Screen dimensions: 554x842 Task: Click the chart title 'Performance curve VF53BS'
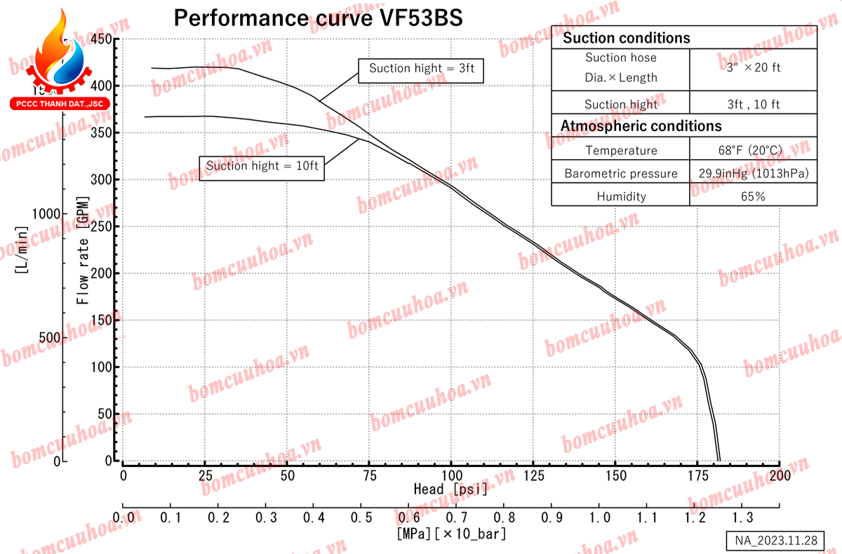coord(318,18)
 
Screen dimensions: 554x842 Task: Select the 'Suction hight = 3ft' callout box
coord(421,68)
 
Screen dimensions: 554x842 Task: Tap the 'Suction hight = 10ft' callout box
coord(262,166)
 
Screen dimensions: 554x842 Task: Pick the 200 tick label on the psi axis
coord(780,475)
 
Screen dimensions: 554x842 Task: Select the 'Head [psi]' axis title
coord(450,489)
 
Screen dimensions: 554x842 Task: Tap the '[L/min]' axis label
coord(21,250)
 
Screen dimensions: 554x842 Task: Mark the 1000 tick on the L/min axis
coord(45,213)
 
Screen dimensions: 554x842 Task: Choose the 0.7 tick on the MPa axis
coord(455,517)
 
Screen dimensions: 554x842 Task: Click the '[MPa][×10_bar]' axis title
coord(451,534)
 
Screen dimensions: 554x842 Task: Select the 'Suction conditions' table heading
coord(627,38)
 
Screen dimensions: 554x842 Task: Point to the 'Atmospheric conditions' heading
coord(641,126)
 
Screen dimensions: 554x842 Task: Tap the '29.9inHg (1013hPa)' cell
coord(752,173)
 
